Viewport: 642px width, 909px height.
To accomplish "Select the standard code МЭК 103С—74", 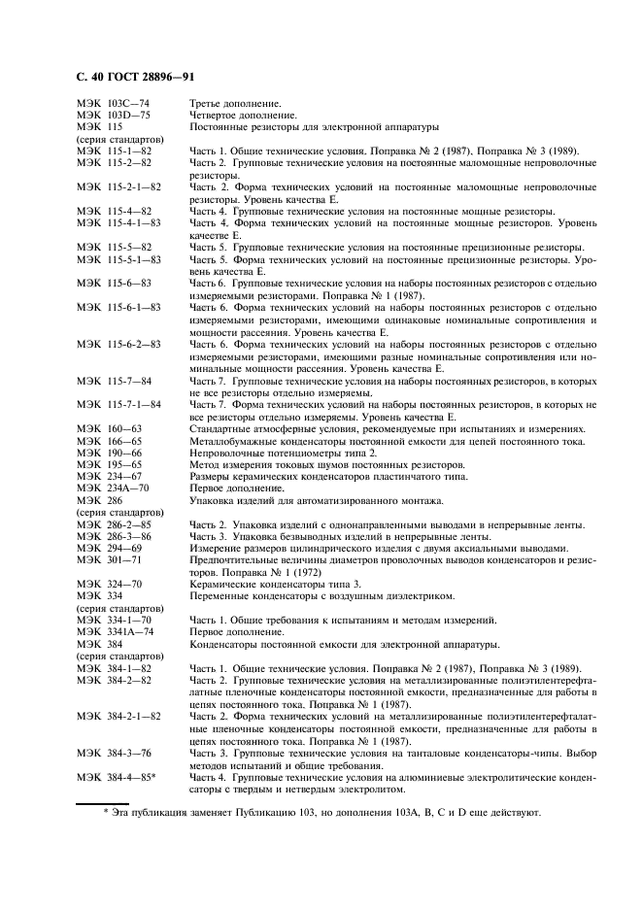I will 114,103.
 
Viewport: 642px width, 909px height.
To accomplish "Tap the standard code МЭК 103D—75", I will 114,115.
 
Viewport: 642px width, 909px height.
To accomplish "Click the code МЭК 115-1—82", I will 114,151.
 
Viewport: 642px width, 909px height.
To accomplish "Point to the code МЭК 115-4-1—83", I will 118,222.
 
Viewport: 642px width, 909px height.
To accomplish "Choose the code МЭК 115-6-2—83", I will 118,344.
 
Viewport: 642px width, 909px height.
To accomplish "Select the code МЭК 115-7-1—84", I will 118,404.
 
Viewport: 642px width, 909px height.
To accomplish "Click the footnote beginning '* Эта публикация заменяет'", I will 321,814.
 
